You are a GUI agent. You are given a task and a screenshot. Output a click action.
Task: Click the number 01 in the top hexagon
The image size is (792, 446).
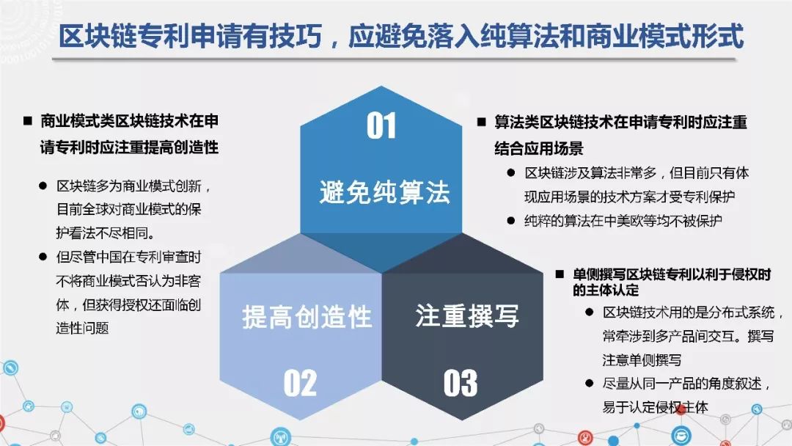[381, 125]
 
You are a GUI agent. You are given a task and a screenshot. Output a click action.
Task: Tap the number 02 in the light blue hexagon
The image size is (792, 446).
[300, 383]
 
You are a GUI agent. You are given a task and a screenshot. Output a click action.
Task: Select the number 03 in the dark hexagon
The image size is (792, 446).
[460, 383]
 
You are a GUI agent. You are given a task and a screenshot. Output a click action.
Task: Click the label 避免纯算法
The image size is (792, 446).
[384, 192]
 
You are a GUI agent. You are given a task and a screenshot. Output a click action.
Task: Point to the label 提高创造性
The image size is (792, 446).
[307, 317]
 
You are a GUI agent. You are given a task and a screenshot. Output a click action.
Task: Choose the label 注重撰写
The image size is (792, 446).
[467, 315]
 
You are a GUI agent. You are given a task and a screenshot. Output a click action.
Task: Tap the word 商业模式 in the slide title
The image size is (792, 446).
[639, 36]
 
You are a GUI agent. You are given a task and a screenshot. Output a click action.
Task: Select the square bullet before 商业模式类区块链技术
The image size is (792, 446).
[28, 121]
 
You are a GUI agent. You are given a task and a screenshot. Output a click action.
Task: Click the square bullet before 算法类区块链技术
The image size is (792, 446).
[482, 122]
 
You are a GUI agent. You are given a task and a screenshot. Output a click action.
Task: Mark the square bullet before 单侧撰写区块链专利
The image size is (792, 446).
[560, 274]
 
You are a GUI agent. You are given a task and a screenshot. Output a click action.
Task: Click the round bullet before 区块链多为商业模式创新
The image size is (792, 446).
[43, 186]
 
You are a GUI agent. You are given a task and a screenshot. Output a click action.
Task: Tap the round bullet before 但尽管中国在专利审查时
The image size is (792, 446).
[43, 257]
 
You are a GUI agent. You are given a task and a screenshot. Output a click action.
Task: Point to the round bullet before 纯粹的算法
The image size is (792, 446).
[510, 221]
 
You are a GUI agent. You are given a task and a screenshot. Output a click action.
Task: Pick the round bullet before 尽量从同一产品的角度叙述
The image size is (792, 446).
[589, 384]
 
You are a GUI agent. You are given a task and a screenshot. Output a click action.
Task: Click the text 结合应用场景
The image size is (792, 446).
[539, 148]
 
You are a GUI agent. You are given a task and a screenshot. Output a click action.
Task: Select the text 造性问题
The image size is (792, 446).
[82, 329]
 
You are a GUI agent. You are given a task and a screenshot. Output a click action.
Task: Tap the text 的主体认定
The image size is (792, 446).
[606, 290]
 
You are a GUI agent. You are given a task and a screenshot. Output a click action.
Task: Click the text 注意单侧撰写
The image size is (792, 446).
[642, 359]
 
